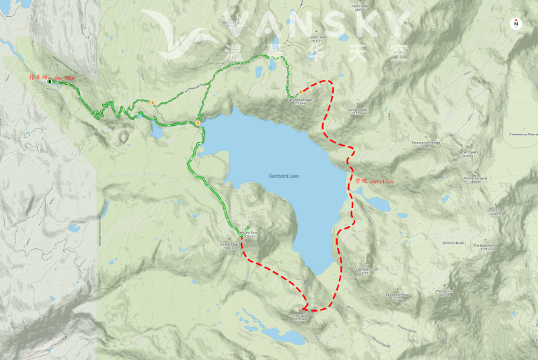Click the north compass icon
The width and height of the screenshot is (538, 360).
516,24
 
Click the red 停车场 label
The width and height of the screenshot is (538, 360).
37,77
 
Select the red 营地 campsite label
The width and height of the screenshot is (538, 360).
359,181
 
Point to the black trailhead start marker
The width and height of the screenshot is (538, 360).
50,81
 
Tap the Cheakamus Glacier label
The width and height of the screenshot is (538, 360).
524,133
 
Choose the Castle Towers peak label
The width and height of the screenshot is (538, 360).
466,152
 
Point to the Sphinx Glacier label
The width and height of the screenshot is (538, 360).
454,242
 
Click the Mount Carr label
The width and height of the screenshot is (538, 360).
496,211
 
